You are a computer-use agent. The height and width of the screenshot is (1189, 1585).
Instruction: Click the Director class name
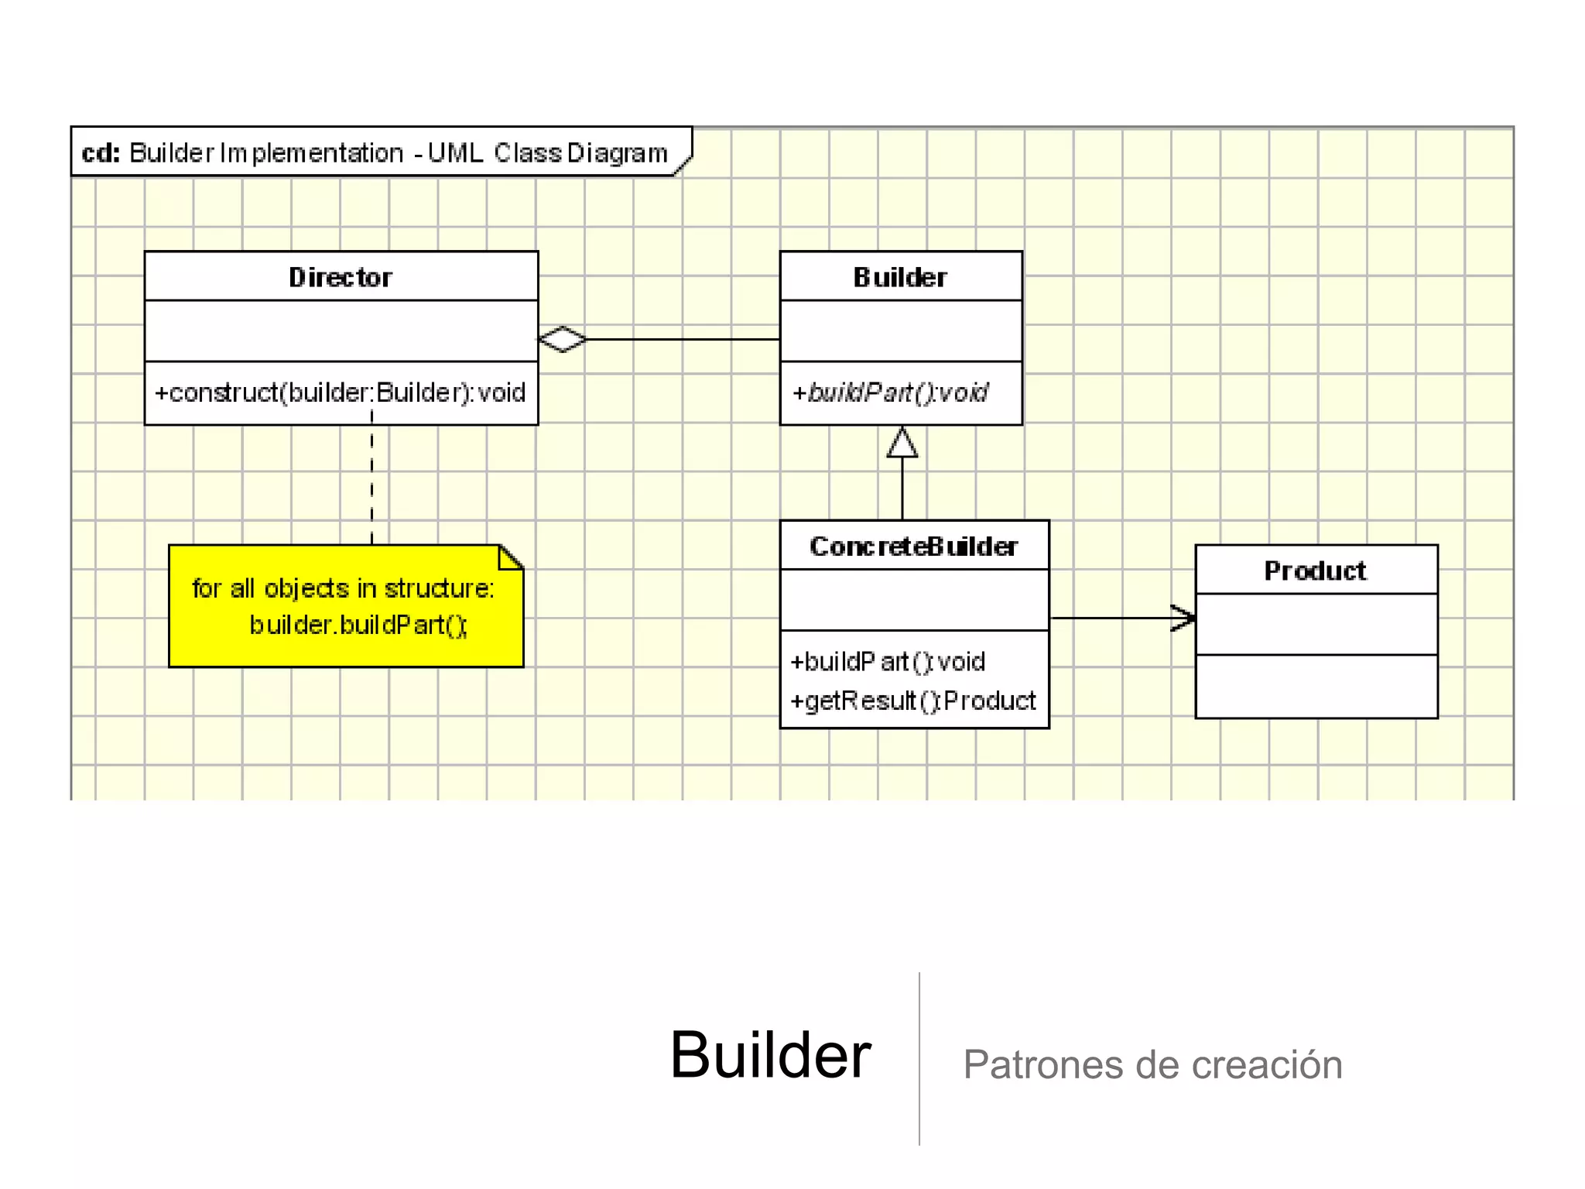click(x=341, y=277)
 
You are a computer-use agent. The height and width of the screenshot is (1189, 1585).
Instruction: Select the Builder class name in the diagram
click(x=900, y=277)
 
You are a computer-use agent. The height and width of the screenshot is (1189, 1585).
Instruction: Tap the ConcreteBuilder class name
click(x=913, y=547)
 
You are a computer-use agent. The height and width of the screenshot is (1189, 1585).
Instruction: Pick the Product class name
click(x=1315, y=571)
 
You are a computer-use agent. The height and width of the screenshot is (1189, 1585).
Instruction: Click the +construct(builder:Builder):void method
click(x=341, y=393)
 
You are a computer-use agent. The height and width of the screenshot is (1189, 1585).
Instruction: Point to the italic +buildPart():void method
click(x=890, y=393)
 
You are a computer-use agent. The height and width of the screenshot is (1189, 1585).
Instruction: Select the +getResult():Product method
click(x=912, y=701)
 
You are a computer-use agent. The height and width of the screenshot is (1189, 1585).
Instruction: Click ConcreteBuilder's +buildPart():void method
click(x=887, y=662)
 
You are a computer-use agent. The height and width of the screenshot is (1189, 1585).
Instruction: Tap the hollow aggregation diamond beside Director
click(x=563, y=339)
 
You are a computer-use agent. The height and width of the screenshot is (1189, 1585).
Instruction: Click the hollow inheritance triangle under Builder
click(x=902, y=444)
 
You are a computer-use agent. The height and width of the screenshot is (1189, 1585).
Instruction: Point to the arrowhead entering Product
click(x=1184, y=618)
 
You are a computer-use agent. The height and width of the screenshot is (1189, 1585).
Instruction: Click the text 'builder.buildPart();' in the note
click(x=358, y=625)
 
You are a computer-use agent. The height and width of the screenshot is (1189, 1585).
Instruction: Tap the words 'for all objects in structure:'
click(x=343, y=588)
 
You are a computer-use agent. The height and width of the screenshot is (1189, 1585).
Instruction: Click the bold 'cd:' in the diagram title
click(x=101, y=152)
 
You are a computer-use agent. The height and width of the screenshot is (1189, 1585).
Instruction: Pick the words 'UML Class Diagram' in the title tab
click(x=547, y=152)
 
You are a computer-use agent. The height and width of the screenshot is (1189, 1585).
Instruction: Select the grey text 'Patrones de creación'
click(x=1152, y=1064)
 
